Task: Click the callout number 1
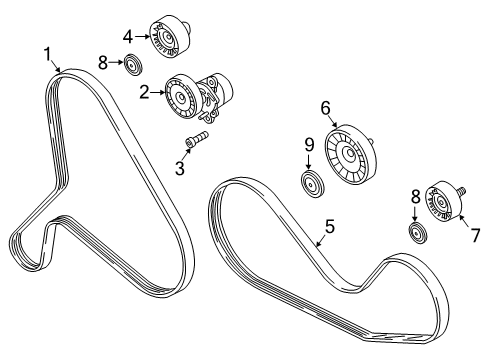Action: tap(48, 54)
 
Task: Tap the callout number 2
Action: tap(144, 92)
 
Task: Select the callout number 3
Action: tap(180, 168)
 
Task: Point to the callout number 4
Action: tap(128, 37)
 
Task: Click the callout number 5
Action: tap(330, 227)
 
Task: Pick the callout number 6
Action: tap(326, 108)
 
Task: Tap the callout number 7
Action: tap(475, 235)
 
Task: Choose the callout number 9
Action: tap(309, 145)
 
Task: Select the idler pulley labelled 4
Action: tap(170, 36)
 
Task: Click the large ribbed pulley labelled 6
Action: tap(350, 154)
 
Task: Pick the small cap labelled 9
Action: tap(312, 184)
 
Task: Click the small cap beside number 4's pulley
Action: tap(133, 64)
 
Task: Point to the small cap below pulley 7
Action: tap(418, 234)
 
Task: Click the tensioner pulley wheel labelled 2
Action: tap(182, 97)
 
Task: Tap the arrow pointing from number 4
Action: tap(142, 37)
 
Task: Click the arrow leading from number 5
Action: tap(320, 241)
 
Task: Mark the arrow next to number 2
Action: tap(158, 92)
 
